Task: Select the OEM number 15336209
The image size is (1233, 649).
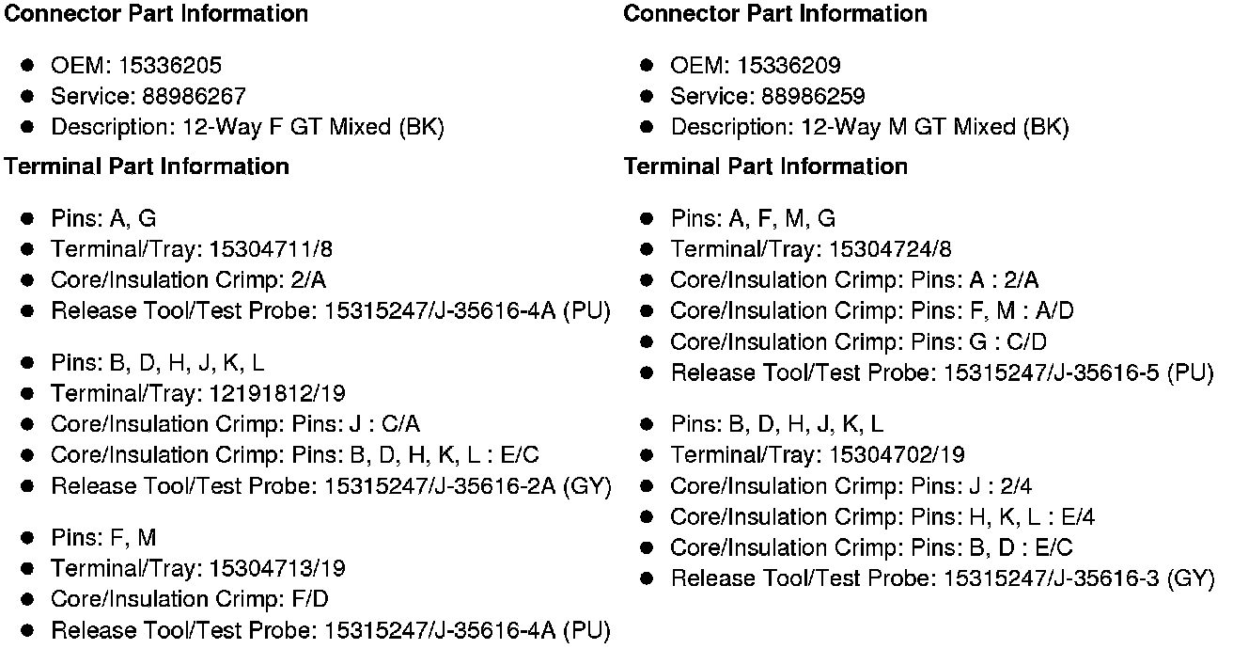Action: pos(789,66)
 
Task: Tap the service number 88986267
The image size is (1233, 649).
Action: pos(195,96)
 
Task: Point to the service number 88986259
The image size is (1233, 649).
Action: pos(814,96)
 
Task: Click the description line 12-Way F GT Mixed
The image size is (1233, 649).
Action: pos(247,127)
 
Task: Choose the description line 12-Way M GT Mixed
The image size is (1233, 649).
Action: pos(869,127)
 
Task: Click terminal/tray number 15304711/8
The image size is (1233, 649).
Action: pos(271,249)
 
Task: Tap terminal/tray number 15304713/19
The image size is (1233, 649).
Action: pos(277,568)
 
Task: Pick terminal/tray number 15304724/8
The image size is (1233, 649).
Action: pos(890,249)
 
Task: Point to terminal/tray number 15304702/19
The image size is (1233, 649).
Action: pos(897,455)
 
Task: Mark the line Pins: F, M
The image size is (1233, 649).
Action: pos(103,538)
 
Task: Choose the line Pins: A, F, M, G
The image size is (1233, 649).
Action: pos(753,219)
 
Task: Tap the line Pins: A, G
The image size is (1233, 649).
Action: pos(103,219)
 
